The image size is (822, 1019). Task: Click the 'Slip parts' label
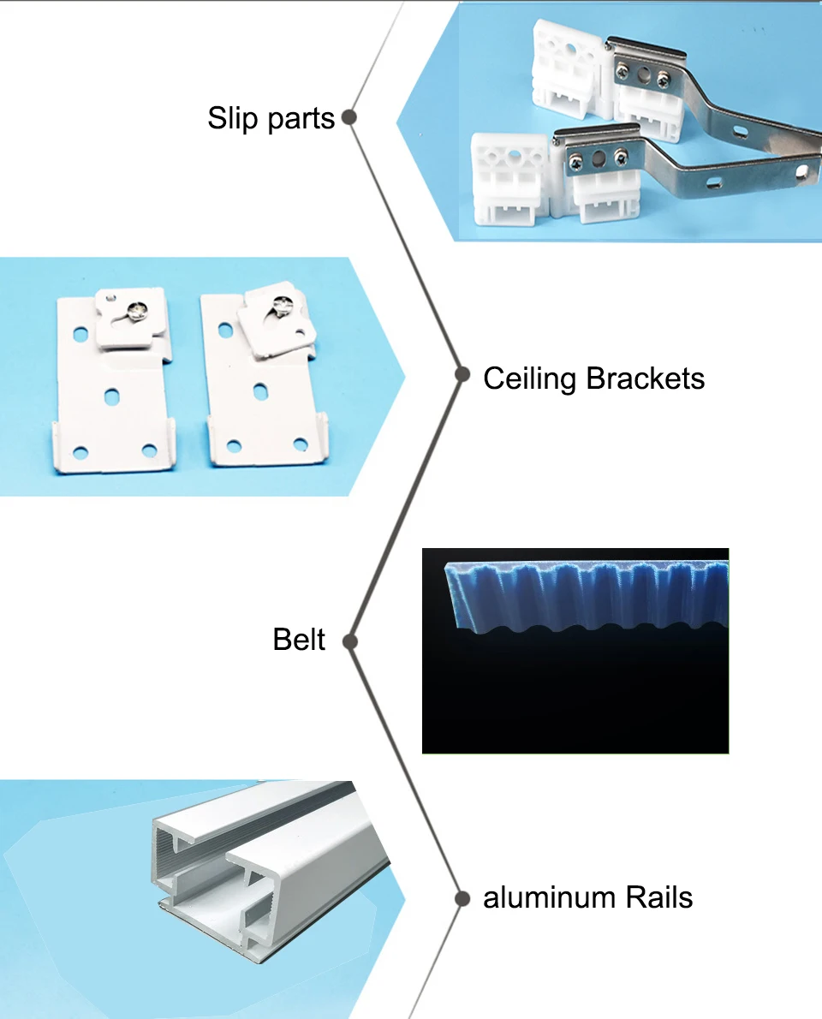tap(271, 118)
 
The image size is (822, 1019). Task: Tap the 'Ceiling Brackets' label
tap(593, 378)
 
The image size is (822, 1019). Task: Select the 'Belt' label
tap(299, 640)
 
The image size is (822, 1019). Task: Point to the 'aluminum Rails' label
tap(587, 897)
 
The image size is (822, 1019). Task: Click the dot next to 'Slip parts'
tap(348, 117)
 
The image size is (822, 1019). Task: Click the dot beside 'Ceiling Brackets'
tap(462, 374)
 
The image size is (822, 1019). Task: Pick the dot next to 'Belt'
tap(348, 641)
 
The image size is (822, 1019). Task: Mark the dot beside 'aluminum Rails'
tap(462, 898)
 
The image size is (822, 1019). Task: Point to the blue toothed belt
tap(582, 595)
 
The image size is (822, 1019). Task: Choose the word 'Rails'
tap(658, 897)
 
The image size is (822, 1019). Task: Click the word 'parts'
tap(300, 119)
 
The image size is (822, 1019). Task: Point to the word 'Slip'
tap(231, 118)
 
